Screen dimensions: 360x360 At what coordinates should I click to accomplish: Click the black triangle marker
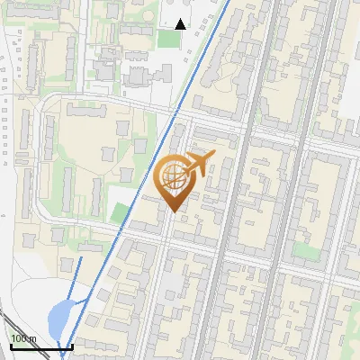(180, 24)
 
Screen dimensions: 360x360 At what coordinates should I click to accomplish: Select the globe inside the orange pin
(173, 179)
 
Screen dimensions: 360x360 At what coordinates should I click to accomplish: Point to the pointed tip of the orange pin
(173, 212)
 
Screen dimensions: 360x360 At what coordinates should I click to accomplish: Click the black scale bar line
(40, 346)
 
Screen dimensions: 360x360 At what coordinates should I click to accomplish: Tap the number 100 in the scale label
(20, 339)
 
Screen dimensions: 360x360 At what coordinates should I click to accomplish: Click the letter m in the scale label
(34, 339)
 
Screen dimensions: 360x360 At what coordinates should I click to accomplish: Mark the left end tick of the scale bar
(11, 345)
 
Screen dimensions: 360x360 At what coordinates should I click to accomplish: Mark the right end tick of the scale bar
(72, 345)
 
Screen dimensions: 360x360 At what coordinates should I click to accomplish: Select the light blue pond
(58, 317)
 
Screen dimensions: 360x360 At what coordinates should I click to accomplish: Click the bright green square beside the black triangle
(166, 39)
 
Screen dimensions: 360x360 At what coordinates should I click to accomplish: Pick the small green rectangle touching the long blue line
(120, 212)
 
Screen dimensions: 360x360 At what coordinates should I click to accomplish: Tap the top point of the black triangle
(180, 19)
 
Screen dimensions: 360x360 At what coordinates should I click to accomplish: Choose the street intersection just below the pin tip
(169, 236)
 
